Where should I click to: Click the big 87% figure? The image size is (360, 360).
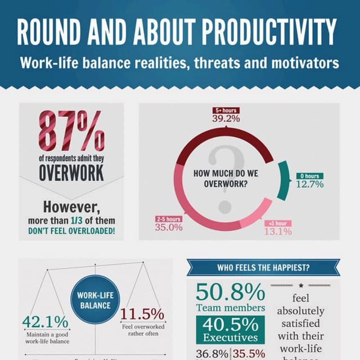click(x=71, y=131)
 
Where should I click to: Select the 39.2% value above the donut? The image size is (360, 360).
click(x=226, y=118)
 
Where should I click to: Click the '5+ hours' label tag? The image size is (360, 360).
click(x=226, y=110)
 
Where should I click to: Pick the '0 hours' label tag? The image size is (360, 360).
click(x=309, y=176)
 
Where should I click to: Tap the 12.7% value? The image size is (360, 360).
click(x=310, y=184)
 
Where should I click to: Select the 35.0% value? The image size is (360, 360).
click(x=169, y=227)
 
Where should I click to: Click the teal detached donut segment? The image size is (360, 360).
click(x=283, y=180)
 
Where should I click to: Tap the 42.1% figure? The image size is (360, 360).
click(x=45, y=322)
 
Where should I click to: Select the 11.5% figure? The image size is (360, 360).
click(x=142, y=314)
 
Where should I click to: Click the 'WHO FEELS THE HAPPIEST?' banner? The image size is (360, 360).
click(x=263, y=268)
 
